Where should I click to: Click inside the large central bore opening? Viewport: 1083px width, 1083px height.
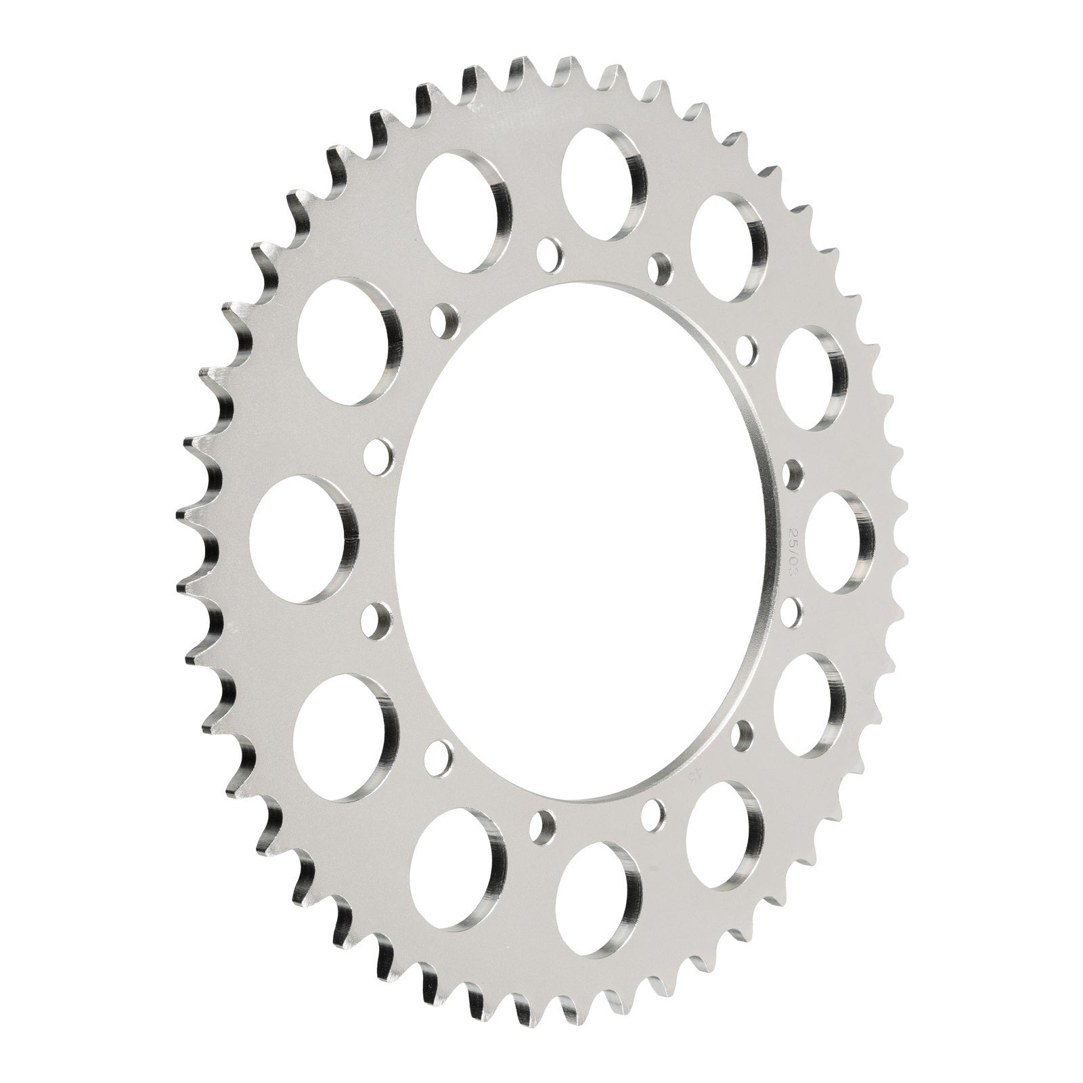(x=575, y=541)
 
